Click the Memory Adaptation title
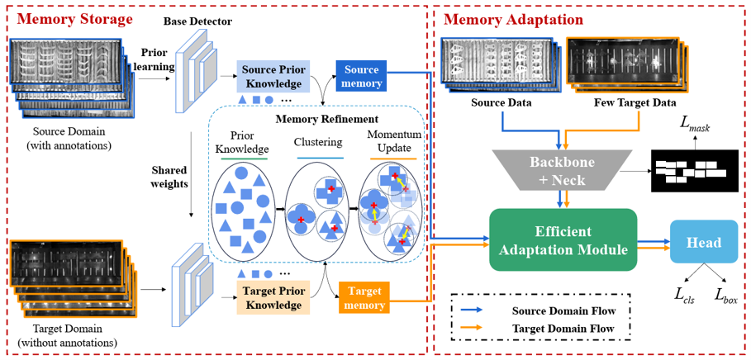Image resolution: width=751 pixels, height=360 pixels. [513, 19]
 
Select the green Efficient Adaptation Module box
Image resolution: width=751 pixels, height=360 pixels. [563, 239]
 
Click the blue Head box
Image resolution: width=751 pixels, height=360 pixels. [703, 243]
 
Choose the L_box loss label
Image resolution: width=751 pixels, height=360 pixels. [726, 297]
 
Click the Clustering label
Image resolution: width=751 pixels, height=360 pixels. [317, 142]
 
